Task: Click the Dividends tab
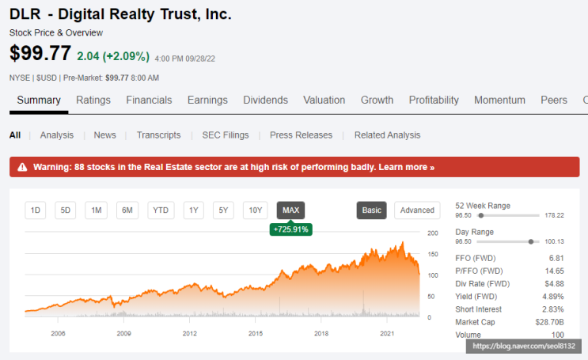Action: point(265,100)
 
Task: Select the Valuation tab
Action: point(324,100)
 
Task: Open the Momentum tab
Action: point(499,100)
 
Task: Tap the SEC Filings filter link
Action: point(226,135)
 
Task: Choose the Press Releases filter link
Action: point(302,135)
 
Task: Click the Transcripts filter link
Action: point(158,135)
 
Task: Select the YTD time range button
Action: point(161,210)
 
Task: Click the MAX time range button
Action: point(290,210)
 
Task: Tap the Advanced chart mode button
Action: point(417,210)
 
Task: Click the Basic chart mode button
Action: point(372,210)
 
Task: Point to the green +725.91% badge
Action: point(291,229)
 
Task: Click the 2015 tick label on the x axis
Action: point(256,333)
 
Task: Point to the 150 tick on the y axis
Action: point(433,254)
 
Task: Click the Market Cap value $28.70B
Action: point(549,322)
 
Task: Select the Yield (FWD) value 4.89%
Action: point(552,297)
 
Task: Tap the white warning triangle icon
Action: point(22,167)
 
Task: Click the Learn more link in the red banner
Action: point(406,167)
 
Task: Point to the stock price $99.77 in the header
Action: point(40,53)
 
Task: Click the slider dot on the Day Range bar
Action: point(531,242)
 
